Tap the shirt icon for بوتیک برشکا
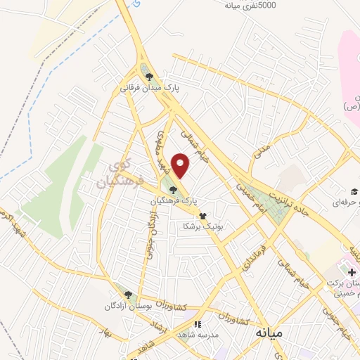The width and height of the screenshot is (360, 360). pyautogui.click(x=202, y=216)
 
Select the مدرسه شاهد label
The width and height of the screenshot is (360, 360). pyautogui.click(x=199, y=335)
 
